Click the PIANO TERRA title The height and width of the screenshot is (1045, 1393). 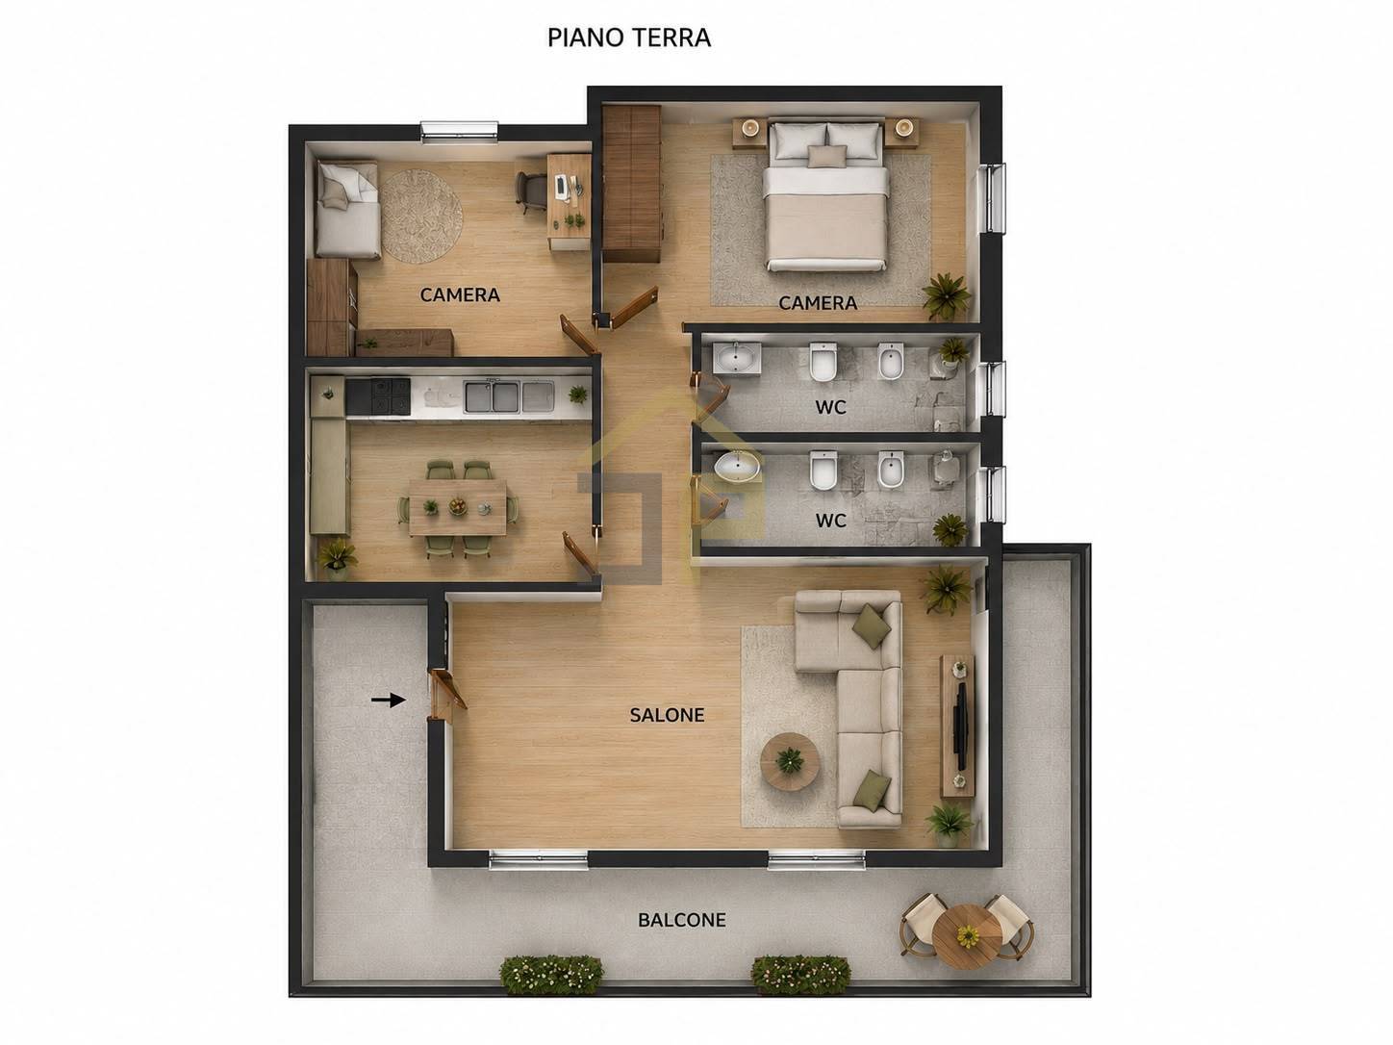coord(629,38)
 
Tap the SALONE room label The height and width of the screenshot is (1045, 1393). coord(667,715)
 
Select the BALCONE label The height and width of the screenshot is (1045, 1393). coord(681,920)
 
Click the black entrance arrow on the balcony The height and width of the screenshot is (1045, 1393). coord(389,700)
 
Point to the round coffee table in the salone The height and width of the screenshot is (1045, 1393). coord(790,761)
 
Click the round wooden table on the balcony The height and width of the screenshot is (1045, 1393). coord(967,936)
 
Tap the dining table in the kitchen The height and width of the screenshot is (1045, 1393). coord(458,507)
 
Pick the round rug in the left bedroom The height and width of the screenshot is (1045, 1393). coord(421,216)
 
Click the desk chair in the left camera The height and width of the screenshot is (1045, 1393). coord(530,191)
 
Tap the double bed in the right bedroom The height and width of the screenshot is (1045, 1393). coord(826,195)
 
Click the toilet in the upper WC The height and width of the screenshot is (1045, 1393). coord(823,362)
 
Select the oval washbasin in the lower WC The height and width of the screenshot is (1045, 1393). coord(736,467)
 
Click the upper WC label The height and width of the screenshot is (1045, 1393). coord(831,407)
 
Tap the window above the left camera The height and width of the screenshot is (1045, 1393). coord(459,130)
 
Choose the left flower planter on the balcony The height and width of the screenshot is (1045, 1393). coord(551,975)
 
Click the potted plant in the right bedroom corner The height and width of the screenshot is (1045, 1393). coord(947,295)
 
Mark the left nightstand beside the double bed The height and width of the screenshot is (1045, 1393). coord(750,132)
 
